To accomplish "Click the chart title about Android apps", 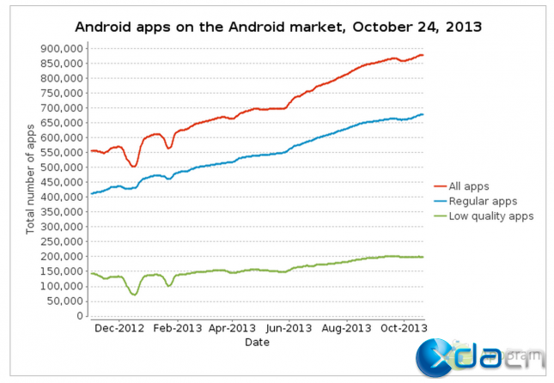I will click(278, 27).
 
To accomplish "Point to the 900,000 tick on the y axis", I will click(61, 48).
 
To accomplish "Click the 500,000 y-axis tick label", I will click(61, 167).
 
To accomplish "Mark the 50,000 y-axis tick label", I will click(64, 301).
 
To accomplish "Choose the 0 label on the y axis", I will click(77, 316).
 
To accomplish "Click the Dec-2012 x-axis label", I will click(119, 327).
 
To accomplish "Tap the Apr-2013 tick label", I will click(231, 327).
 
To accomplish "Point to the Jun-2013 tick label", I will click(288, 327).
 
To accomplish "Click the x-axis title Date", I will click(257, 342).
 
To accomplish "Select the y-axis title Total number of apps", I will click(31, 179).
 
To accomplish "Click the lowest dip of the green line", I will click(134, 295).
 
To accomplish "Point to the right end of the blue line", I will click(423, 114).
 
